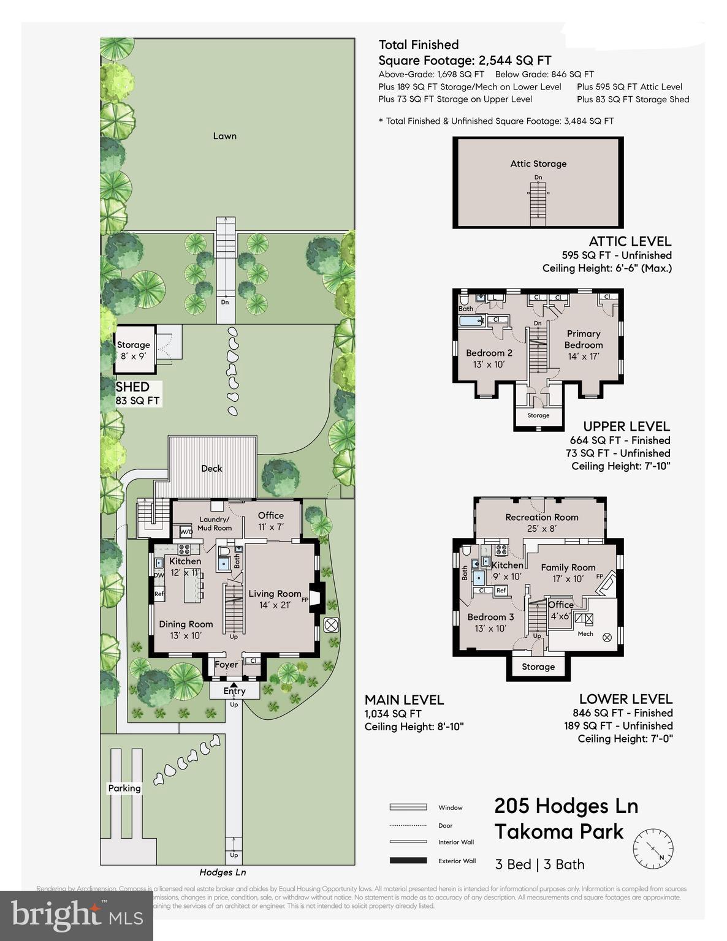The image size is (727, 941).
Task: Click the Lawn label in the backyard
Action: (x=224, y=136)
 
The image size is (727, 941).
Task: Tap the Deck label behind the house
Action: (x=211, y=469)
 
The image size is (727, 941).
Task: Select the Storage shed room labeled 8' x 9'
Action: (x=134, y=350)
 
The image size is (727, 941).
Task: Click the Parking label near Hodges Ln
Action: (x=124, y=788)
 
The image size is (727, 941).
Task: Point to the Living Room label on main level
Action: (x=275, y=594)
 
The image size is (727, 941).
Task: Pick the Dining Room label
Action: (x=186, y=624)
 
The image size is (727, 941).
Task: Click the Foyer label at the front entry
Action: (x=226, y=665)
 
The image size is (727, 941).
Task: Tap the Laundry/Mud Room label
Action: (x=214, y=524)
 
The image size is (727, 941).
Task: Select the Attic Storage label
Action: (x=538, y=164)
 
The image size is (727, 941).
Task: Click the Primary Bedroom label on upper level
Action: (x=584, y=339)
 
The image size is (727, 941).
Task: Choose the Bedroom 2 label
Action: (x=489, y=353)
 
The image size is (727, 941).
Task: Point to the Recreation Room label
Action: (x=542, y=517)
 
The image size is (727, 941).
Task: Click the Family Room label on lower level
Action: (x=568, y=568)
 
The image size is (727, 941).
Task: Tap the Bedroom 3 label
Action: (x=490, y=617)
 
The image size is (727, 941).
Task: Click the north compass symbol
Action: (x=653, y=848)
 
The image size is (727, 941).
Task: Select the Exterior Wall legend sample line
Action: (x=408, y=861)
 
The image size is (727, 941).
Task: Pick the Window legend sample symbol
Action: (x=408, y=807)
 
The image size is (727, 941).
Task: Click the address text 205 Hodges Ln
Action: (x=566, y=806)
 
